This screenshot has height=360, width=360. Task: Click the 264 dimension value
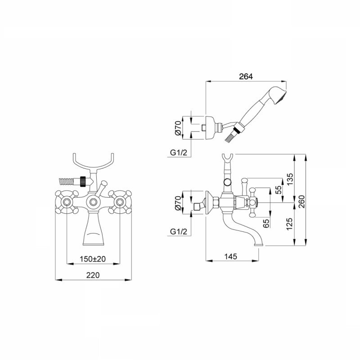[246, 76]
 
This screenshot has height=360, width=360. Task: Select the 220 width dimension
[93, 275]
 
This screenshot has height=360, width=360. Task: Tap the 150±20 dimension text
[93, 259]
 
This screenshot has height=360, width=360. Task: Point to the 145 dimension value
[231, 256]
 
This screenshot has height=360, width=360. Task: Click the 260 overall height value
[301, 201]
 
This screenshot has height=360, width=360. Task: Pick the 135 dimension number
[290, 179]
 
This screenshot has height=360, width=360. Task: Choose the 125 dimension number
[290, 224]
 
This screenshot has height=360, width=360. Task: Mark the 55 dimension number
[278, 190]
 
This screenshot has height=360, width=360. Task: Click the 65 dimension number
[266, 223]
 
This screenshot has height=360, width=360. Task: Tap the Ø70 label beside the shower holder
[178, 128]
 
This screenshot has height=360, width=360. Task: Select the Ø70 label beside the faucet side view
[178, 203]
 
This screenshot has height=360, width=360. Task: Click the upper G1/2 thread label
[179, 153]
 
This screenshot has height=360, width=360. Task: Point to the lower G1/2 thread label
[179, 231]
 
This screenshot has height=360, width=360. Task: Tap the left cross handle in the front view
[67, 202]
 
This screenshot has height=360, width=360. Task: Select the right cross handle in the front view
[120, 202]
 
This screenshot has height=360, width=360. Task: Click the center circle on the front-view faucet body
[93, 202]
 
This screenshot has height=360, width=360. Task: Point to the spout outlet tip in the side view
[260, 245]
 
